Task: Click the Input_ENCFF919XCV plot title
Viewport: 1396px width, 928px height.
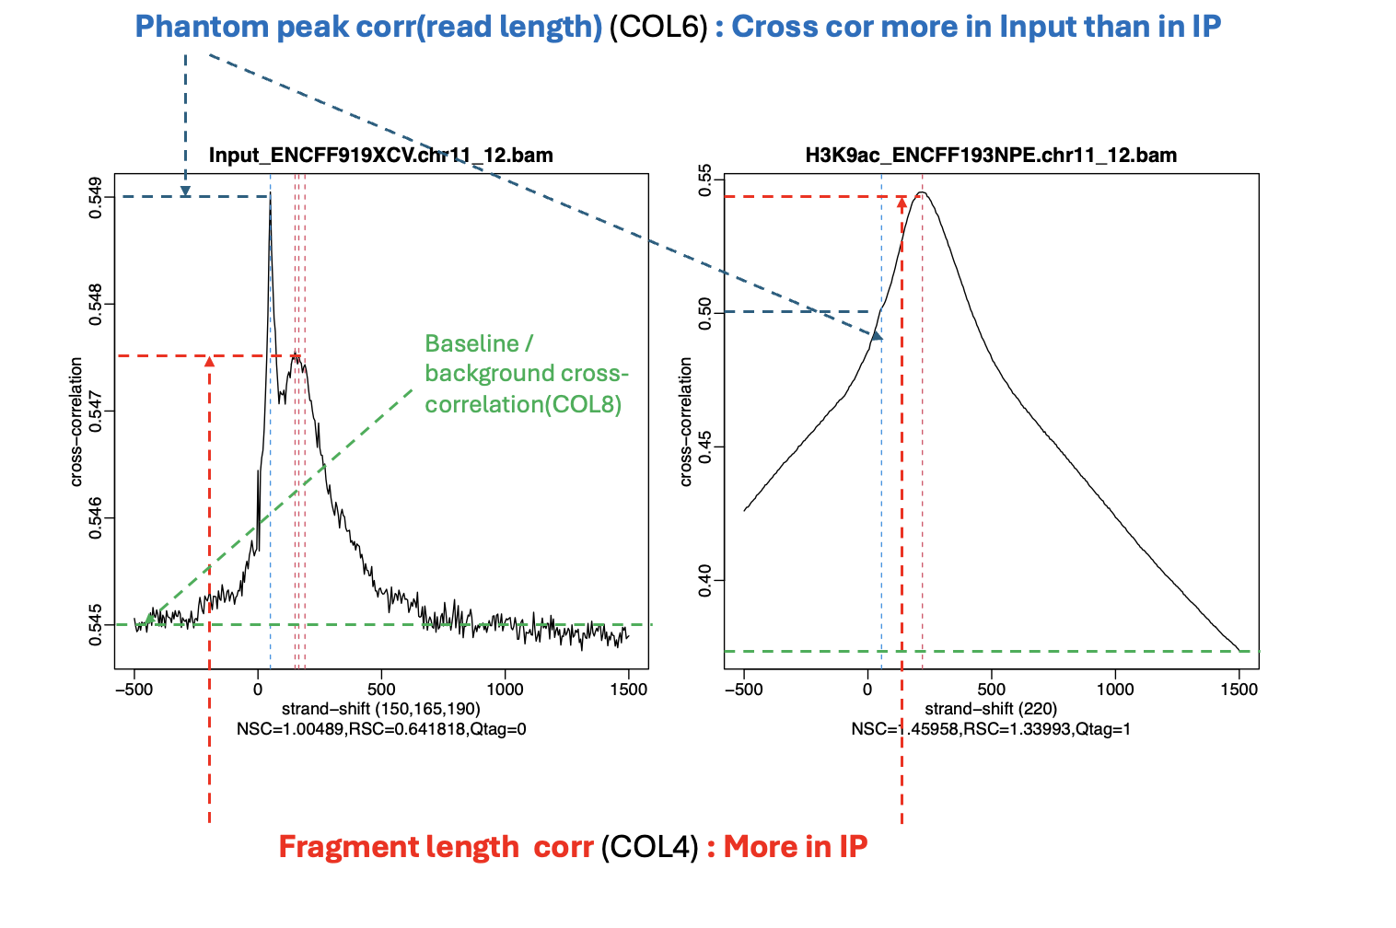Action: [380, 155]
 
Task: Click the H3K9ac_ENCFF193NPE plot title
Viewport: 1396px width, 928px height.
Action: [991, 155]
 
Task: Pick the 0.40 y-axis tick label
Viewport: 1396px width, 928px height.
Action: [706, 580]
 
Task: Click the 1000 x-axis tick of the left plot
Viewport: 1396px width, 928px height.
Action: [504, 689]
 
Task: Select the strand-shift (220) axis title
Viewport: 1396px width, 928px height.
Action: [991, 709]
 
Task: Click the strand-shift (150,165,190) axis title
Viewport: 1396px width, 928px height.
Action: [381, 709]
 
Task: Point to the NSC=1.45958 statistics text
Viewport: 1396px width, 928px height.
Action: [991, 729]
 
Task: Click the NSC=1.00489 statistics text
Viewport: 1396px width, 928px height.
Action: [381, 729]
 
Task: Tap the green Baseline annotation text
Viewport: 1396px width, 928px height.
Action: [526, 373]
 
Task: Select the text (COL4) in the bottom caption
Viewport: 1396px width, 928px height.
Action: [649, 847]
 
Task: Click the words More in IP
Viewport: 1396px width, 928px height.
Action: [796, 847]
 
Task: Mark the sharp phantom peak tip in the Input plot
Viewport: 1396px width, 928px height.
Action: [270, 196]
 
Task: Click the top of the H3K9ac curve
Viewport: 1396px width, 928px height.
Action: [922, 192]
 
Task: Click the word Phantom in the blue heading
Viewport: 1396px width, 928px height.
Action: [190, 27]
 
